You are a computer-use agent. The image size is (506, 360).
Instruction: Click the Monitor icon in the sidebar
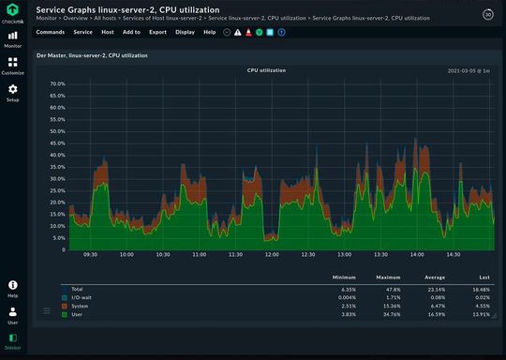click(x=13, y=37)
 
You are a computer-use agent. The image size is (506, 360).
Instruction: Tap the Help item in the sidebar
click(x=13, y=287)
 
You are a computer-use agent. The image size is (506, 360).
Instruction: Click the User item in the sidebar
click(x=13, y=314)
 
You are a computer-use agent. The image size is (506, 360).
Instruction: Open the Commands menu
click(x=50, y=32)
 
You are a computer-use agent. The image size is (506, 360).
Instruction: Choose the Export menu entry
click(x=157, y=32)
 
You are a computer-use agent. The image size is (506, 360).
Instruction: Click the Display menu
click(x=185, y=32)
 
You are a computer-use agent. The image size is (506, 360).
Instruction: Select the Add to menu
click(x=131, y=32)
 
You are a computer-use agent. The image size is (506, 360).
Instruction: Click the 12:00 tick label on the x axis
click(x=272, y=254)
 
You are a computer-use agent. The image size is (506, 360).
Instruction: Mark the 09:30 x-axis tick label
click(x=90, y=254)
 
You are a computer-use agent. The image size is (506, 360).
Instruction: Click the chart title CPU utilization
click(x=266, y=70)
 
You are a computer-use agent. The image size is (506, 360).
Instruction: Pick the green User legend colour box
click(x=64, y=314)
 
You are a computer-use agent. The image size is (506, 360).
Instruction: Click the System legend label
click(x=81, y=306)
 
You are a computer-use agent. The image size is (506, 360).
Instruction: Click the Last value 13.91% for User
click(x=480, y=314)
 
